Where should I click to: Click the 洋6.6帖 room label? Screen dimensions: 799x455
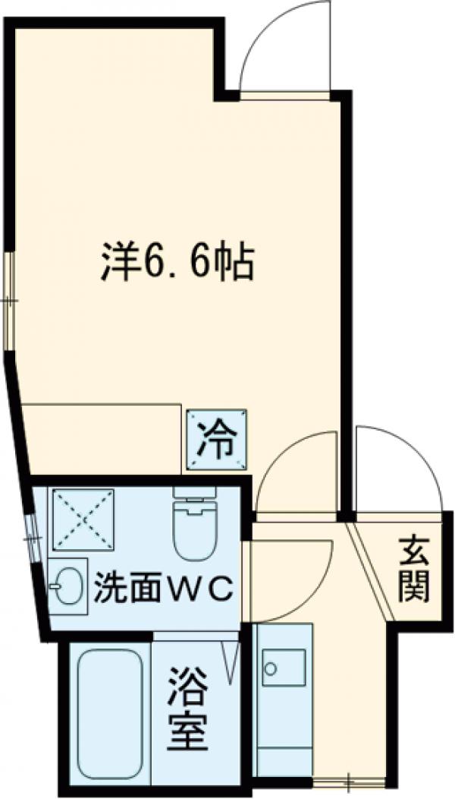coord(176,263)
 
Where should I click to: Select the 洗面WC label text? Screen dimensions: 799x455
coord(161,591)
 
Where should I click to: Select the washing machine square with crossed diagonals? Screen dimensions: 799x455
coord(82,520)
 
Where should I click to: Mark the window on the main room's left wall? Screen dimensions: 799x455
coord(9,301)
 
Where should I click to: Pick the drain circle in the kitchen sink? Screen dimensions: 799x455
coord(268,670)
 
